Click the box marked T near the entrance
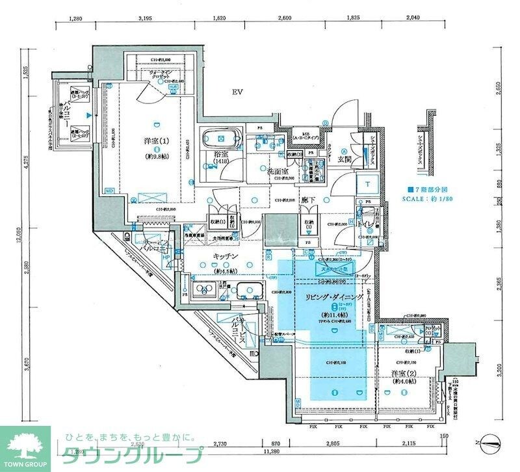368,184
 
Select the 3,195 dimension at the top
145,19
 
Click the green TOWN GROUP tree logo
25,445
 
